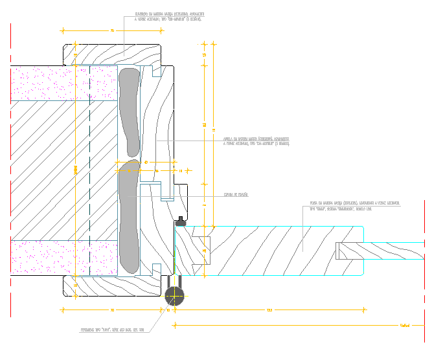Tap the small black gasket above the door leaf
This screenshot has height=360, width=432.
point(180,223)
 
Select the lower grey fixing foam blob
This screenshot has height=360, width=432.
point(128,217)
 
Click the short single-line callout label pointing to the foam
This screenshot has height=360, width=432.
point(236,194)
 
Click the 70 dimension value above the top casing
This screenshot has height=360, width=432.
point(112,30)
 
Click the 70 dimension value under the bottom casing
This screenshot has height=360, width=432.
point(112,311)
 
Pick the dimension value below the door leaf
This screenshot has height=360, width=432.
point(269,311)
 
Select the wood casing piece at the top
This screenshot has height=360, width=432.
point(110,54)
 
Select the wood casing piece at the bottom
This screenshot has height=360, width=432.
point(110,286)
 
